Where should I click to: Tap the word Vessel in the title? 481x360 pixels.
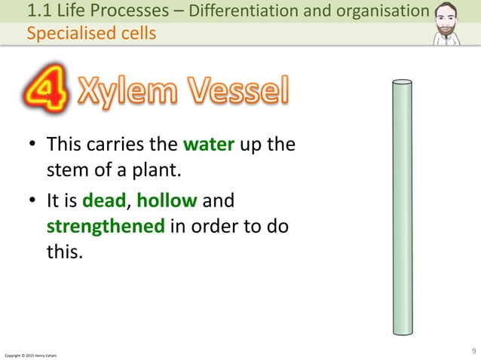tap(239, 94)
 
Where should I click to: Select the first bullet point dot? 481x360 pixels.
tap(33, 145)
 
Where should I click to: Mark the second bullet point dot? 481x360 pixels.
tap(33, 202)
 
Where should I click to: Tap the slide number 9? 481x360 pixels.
tap(473, 349)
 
